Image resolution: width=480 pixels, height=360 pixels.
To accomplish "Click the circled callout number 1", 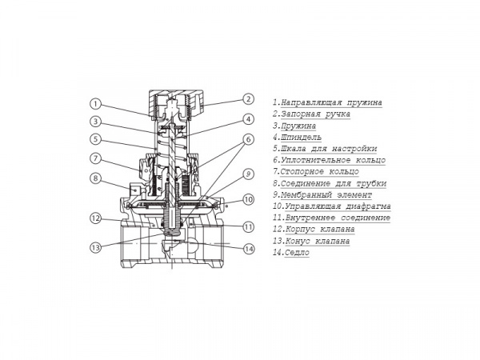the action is coord(95,104).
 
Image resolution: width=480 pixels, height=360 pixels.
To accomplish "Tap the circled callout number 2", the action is coord(248,99).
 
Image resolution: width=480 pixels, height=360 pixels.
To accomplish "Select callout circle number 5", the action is coord(95,139).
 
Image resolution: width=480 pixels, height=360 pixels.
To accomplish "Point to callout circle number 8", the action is coord(95,178).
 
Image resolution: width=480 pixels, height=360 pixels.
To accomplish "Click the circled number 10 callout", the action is coord(248,199).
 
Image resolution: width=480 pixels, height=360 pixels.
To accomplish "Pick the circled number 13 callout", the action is coord(95,246).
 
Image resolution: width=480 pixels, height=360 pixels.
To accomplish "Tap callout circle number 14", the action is coord(248,249).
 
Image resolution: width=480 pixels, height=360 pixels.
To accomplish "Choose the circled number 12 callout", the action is coord(95,218).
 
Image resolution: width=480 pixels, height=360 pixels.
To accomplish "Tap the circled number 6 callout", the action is coord(248,139).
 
